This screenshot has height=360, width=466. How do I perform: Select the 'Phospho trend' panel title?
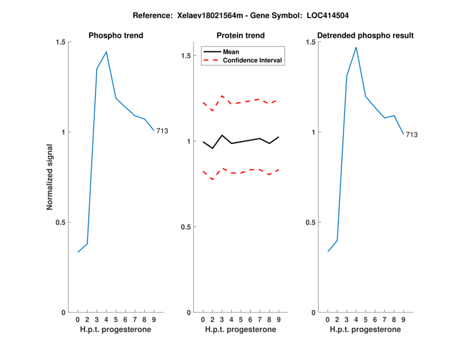[115, 36]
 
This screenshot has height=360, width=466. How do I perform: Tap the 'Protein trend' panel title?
[241, 36]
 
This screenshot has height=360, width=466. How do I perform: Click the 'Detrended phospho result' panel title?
[365, 36]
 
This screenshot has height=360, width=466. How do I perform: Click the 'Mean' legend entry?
[231, 52]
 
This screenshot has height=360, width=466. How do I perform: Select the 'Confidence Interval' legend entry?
[253, 60]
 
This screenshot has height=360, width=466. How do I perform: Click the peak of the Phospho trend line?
[106, 52]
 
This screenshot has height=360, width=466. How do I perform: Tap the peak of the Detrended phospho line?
[356, 47]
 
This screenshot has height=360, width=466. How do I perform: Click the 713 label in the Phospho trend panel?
[162, 131]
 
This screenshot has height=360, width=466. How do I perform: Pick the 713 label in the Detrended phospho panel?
[412, 135]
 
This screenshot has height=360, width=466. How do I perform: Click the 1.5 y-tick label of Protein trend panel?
[186, 56]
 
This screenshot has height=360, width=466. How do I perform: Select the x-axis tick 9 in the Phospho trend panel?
[154, 320]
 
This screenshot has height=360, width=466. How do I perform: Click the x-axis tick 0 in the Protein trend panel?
[203, 320]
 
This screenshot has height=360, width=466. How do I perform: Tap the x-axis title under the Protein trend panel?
[241, 329]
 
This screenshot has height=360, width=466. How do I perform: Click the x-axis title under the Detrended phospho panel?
[365, 329]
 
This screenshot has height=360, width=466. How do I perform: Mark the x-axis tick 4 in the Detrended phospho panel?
[356, 320]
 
